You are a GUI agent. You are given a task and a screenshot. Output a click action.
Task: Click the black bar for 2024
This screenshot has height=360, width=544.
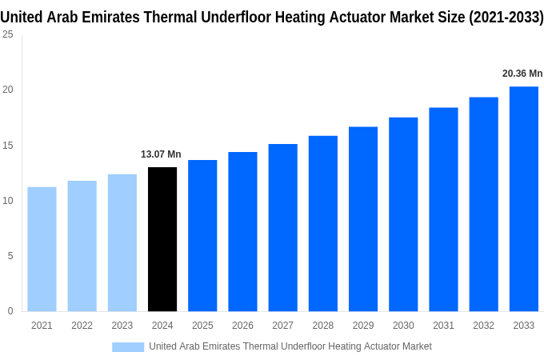tap(162, 239)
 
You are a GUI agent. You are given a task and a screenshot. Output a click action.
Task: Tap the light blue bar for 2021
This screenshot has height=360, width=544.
tap(42, 249)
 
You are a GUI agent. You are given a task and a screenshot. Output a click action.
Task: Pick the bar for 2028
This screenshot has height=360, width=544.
tap(322, 223)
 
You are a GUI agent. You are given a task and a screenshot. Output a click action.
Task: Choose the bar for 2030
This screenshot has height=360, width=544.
tap(403, 214)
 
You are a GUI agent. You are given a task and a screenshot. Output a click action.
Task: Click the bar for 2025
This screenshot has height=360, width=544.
tap(202, 235)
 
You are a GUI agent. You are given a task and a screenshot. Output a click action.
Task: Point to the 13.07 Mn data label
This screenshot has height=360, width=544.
tap(161, 154)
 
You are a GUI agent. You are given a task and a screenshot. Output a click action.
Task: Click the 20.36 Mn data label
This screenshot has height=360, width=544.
tap(522, 74)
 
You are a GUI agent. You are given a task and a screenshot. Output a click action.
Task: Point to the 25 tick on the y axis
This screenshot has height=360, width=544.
tap(7, 34)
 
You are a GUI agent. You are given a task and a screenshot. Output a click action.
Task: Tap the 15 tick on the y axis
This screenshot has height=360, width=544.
tap(7, 146)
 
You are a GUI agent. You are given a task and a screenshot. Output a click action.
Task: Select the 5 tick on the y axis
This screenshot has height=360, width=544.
tap(10, 256)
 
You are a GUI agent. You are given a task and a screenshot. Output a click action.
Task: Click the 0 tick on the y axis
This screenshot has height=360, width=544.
tap(10, 311)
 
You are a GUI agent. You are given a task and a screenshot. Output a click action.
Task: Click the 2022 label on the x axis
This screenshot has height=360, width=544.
tap(82, 326)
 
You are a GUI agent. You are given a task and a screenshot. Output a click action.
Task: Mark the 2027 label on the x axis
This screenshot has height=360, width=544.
tap(282, 326)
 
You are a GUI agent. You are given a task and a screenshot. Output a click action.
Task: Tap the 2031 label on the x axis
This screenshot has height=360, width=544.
tap(443, 326)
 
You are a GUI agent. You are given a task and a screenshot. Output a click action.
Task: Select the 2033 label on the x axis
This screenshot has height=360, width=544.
tap(523, 326)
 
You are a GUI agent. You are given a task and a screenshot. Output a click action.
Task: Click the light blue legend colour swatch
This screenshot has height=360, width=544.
tap(128, 346)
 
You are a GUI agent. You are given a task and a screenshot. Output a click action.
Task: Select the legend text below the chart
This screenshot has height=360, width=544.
tap(290, 346)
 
